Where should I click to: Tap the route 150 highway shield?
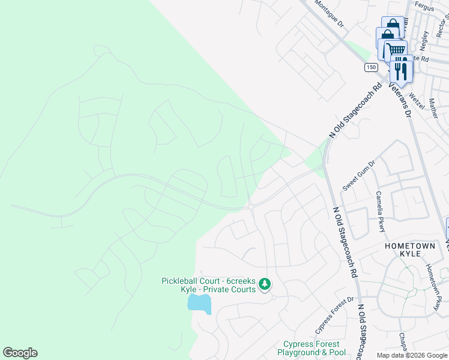tap(370, 67)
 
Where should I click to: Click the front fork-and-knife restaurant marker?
tap(401, 70)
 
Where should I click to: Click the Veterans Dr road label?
tap(399, 98)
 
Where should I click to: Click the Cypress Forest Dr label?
tap(334, 316)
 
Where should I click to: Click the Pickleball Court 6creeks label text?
tap(208, 285)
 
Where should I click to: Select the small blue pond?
tap(199, 304)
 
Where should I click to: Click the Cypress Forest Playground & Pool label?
tap(312, 348)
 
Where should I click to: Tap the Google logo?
tap(20, 353)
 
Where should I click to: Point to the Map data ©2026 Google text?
tap(411, 355)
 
